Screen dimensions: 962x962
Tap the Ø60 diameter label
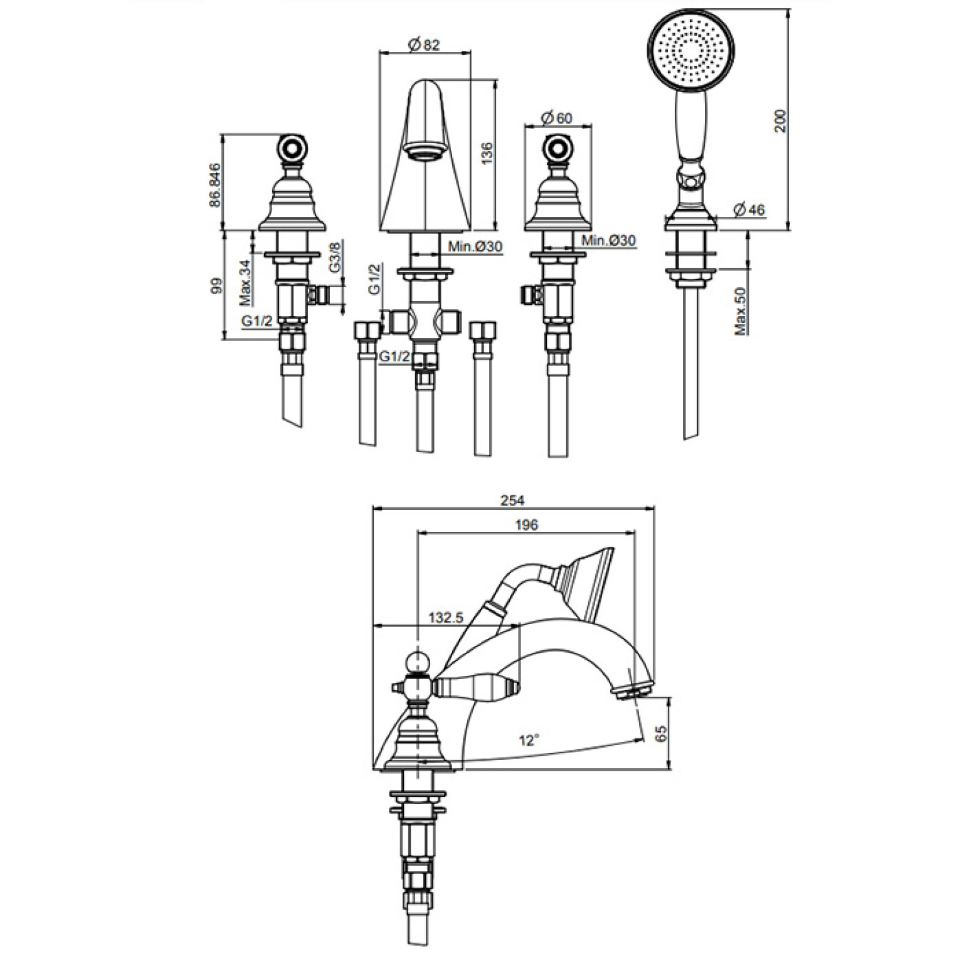click(x=556, y=119)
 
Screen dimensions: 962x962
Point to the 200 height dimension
click(x=780, y=121)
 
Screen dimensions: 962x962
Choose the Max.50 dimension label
click(x=742, y=310)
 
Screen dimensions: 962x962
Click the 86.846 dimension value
click(x=215, y=185)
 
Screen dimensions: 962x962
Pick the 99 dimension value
click(x=216, y=287)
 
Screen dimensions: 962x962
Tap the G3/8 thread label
click(x=335, y=256)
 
